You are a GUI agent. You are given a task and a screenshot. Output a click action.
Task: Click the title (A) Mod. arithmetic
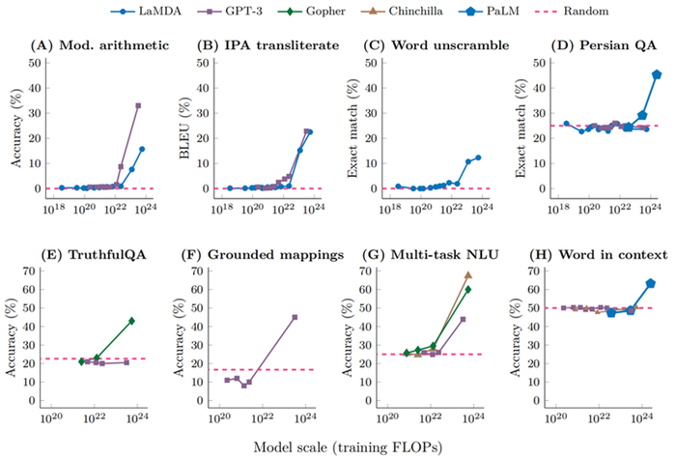pyautogui.click(x=89, y=44)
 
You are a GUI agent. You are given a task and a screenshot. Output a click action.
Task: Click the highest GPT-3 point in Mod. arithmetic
pyautogui.click(x=138, y=105)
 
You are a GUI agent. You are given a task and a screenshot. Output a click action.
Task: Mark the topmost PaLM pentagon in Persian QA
pyautogui.click(x=657, y=74)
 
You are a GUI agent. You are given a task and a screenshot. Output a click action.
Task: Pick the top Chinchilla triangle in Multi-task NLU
pyautogui.click(x=468, y=275)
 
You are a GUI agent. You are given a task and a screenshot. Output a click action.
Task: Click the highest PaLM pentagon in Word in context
pyautogui.click(x=651, y=283)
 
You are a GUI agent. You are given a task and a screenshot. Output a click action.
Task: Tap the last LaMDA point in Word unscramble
pyautogui.click(x=478, y=157)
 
